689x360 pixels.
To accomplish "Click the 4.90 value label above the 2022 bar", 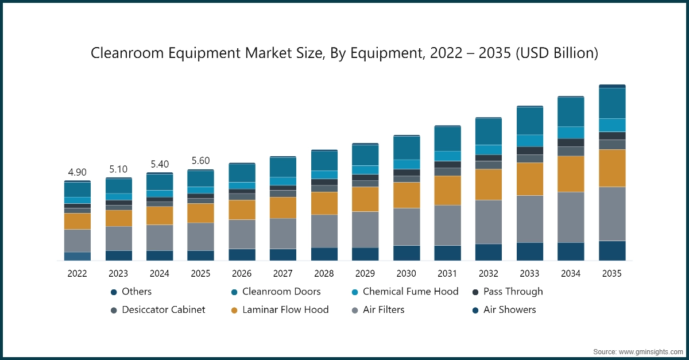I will click(78, 172).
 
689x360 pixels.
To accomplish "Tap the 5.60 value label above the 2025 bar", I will click(201, 161).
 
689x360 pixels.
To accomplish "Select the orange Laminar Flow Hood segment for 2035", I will click(612, 168).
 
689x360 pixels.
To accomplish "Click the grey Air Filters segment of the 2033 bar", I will click(530, 219).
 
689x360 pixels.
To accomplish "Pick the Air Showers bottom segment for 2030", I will click(407, 253).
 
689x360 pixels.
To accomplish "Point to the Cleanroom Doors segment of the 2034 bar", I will click(571, 112).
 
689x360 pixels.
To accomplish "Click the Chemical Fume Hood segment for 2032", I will click(489, 150).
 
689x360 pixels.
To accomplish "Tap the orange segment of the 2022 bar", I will click(78, 221).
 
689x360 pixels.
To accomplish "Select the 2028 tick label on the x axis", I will click(324, 274).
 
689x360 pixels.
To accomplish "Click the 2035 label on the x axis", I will click(612, 274).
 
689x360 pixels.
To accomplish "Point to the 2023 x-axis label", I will click(119, 274).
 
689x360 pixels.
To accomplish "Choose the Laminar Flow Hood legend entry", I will click(285, 310).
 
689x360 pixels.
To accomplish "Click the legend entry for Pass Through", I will click(513, 292).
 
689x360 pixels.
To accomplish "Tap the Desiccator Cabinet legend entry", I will click(163, 310).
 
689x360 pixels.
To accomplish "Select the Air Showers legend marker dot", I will click(475, 310).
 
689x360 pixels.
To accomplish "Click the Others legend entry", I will click(136, 292).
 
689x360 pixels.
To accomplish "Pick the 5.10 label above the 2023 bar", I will click(119, 169).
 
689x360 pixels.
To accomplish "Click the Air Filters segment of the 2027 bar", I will click(283, 233).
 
